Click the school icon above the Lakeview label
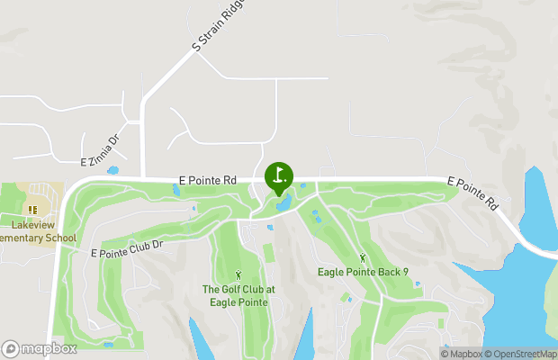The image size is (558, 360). pyautogui.click(x=32, y=210)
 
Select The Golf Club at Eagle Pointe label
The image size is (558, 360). pyautogui.click(x=238, y=295)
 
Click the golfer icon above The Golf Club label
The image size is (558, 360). pyautogui.click(x=238, y=274)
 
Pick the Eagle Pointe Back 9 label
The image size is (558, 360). pyautogui.click(x=363, y=272)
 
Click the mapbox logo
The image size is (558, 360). pyautogui.click(x=39, y=348)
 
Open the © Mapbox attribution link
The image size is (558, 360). pyautogui.click(x=462, y=354)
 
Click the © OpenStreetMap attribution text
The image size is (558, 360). pyautogui.click(x=521, y=354)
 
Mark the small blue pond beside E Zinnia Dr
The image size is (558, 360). pyautogui.click(x=112, y=169)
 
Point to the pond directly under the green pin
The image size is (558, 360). pyautogui.click(x=283, y=206)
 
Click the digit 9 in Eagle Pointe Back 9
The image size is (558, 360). pyautogui.click(x=405, y=272)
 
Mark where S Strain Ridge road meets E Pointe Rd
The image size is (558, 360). pyautogui.click(x=142, y=179)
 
